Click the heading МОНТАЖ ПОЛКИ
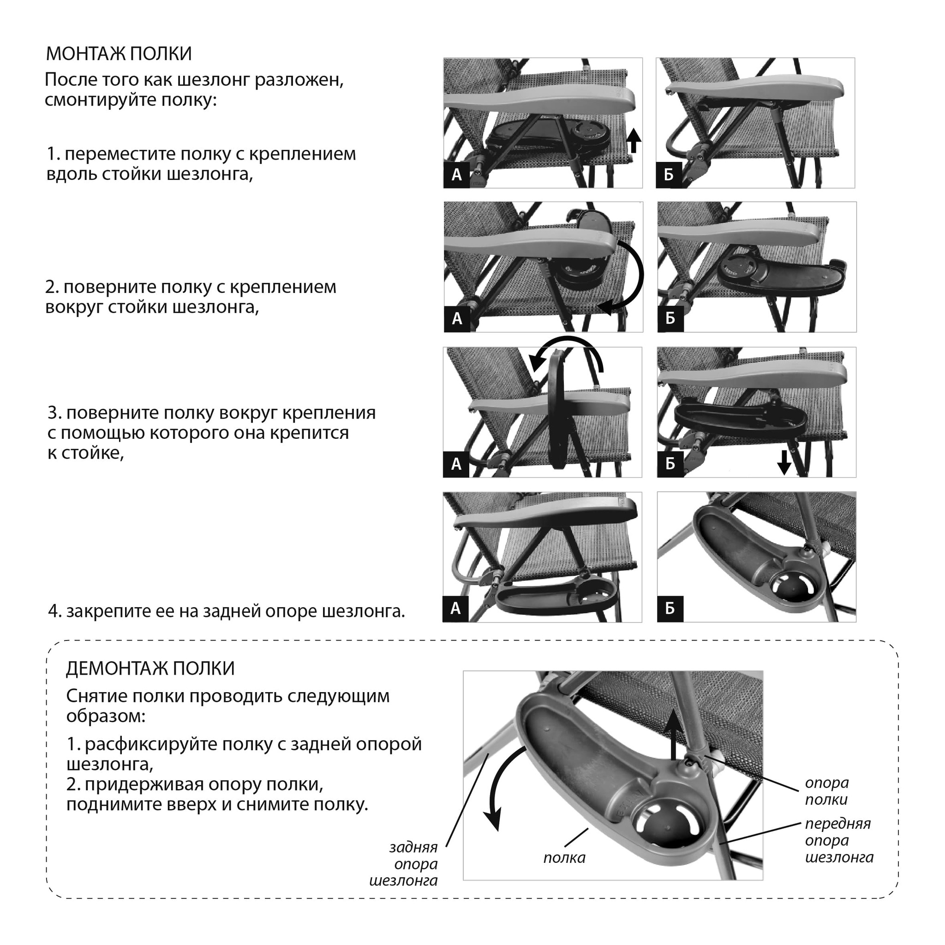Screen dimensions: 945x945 [x=119, y=54]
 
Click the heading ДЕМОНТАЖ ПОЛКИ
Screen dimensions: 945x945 [x=150, y=668]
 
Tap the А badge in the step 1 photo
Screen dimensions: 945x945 [x=456, y=174]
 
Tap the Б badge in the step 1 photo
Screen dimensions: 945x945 [x=669, y=174]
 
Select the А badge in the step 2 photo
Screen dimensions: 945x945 [x=457, y=319]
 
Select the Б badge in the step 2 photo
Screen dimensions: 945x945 [x=670, y=319]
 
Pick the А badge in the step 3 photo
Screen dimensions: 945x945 [x=456, y=464]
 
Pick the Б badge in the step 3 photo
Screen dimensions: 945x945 [x=670, y=464]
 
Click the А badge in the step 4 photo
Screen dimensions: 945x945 [x=455, y=609]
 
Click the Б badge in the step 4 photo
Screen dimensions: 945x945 [x=670, y=609]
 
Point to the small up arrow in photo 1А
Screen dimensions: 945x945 [x=634, y=141]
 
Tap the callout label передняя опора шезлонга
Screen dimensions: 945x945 [x=839, y=840]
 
